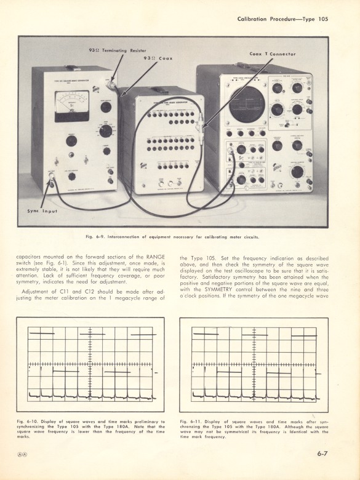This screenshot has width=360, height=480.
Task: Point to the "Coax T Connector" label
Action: (x=272, y=54)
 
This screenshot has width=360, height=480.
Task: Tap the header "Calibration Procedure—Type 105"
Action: (x=282, y=19)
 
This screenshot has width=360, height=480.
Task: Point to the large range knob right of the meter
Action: (x=106, y=131)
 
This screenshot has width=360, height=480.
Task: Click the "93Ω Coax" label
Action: (x=158, y=58)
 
